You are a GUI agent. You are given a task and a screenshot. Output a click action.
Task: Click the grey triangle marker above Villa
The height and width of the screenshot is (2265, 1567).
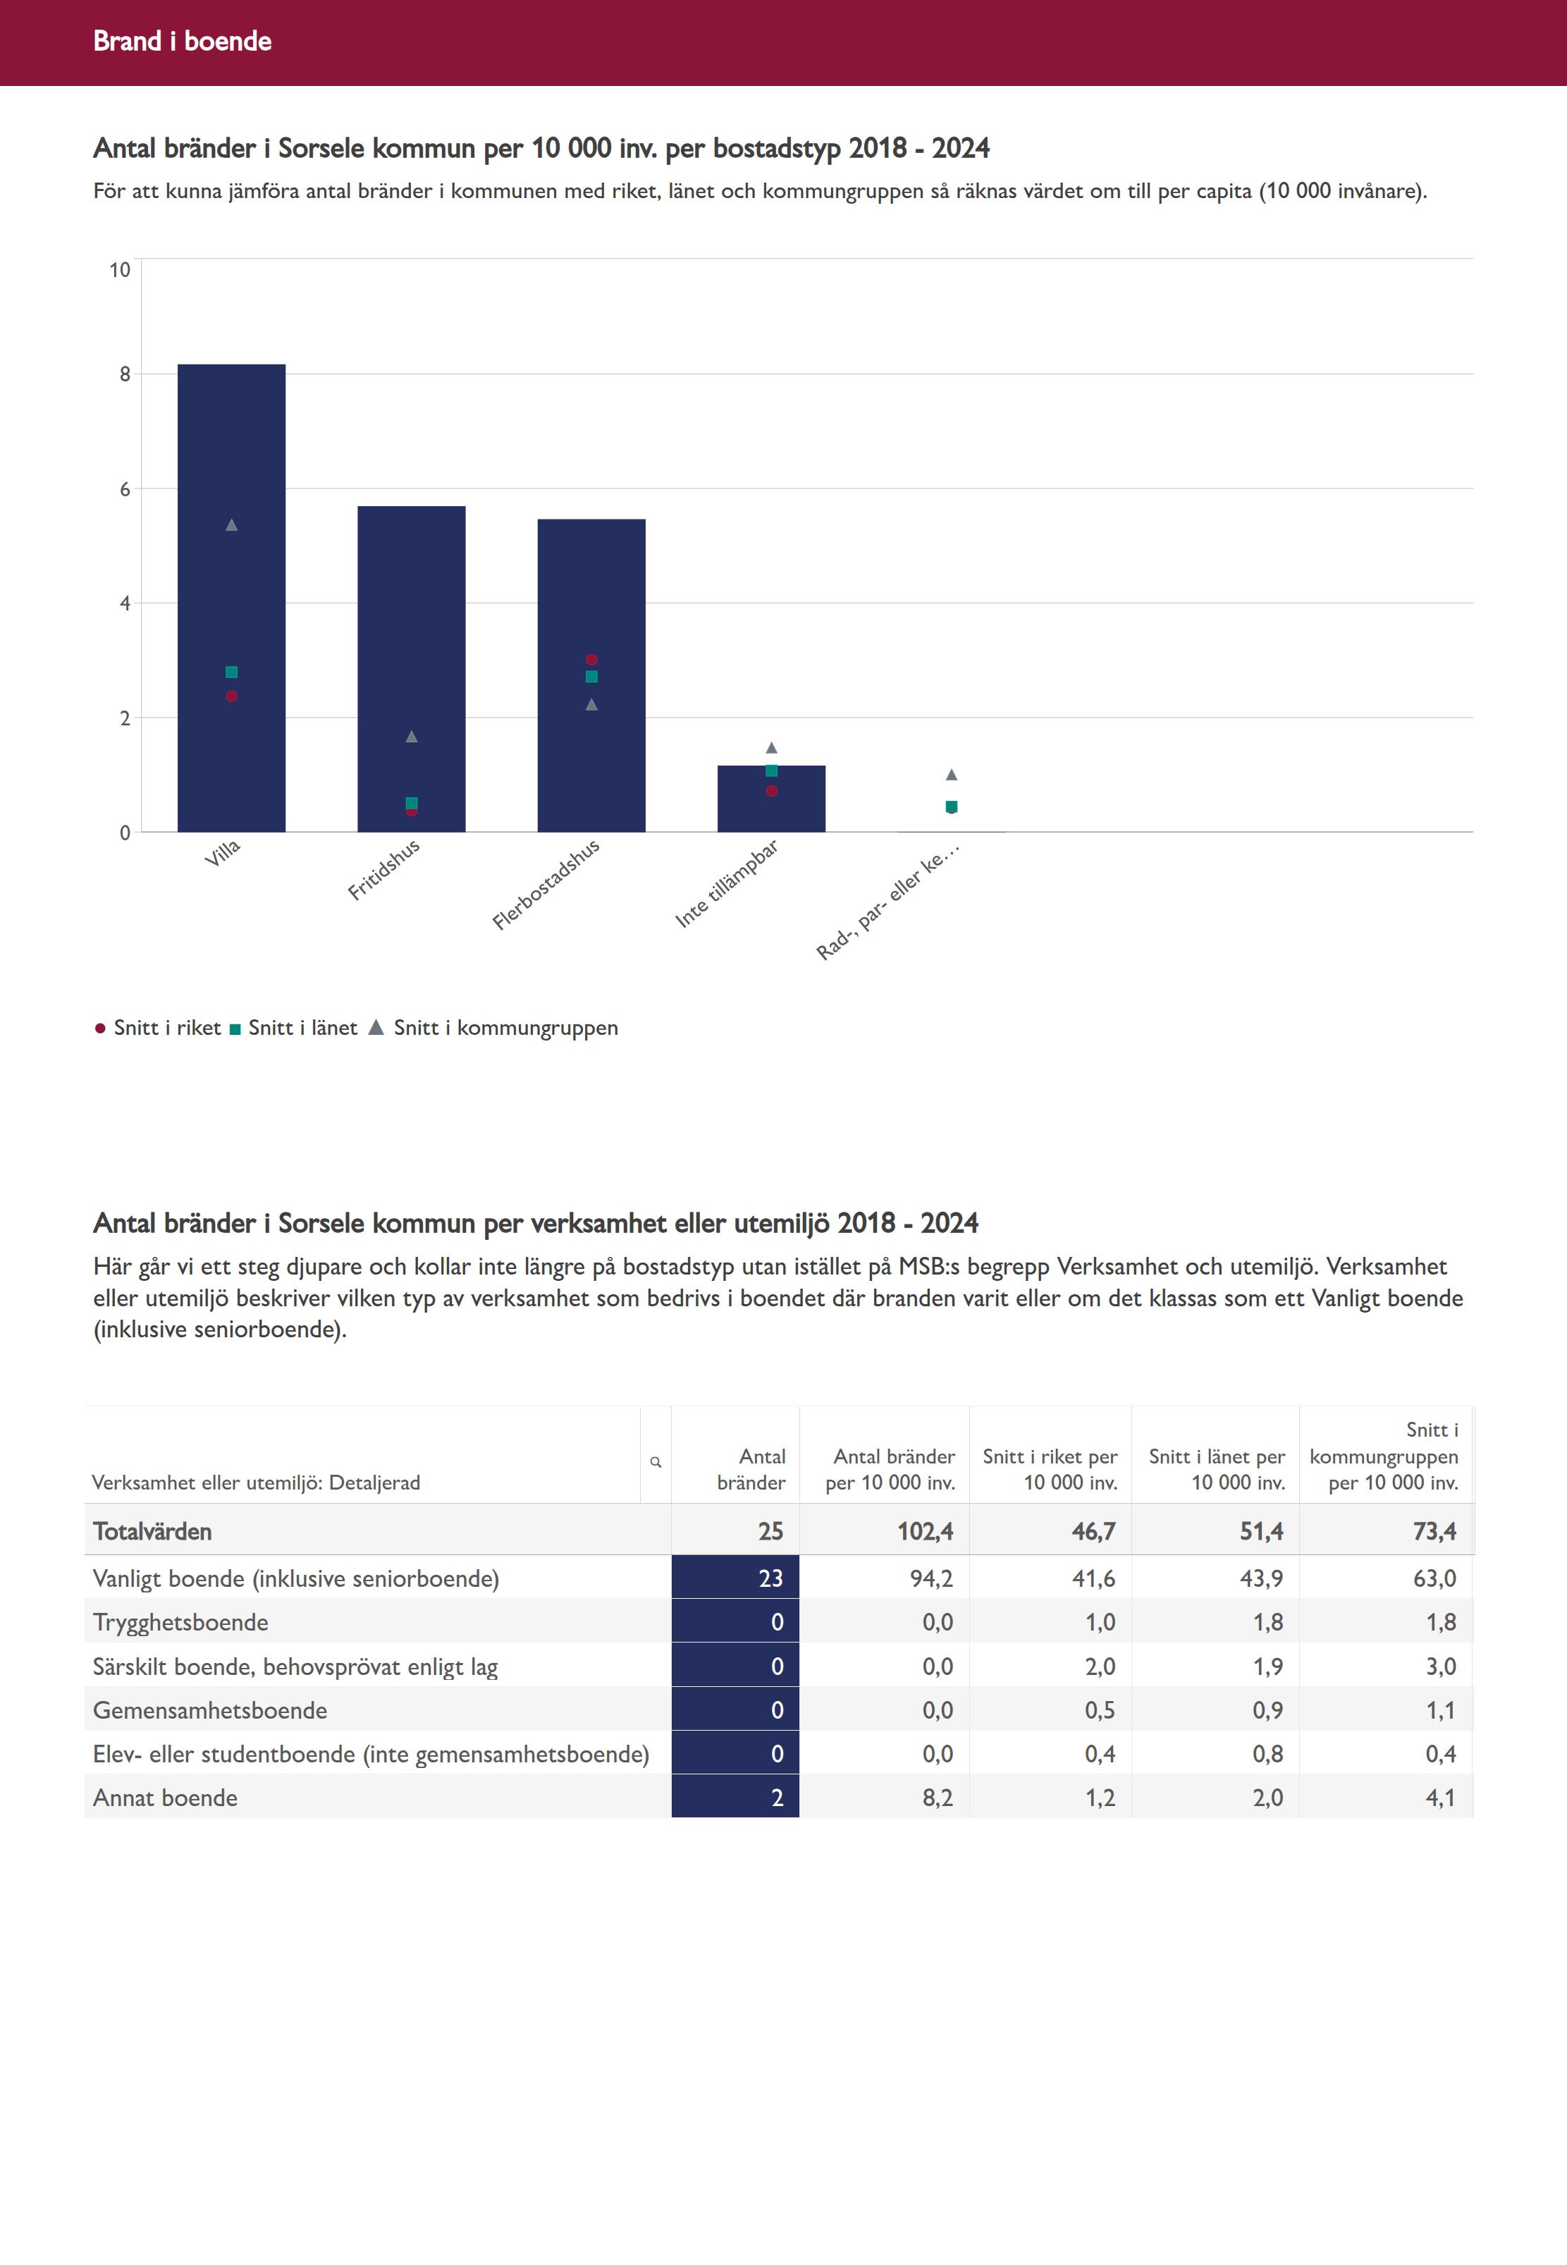point(232,525)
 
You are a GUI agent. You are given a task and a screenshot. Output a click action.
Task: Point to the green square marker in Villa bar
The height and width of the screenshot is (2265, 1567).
point(232,673)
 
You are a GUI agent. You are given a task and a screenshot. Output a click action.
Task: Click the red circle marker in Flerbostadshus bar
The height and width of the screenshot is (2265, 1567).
point(591,660)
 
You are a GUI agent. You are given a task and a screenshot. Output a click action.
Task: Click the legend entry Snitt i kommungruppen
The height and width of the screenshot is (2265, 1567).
point(505,1028)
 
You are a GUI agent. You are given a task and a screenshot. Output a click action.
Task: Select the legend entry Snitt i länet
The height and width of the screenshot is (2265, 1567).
point(302,1028)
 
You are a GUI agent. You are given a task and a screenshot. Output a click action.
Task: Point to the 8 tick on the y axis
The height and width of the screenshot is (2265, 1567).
point(125,374)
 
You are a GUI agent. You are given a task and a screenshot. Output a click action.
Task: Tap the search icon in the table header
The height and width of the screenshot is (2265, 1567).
point(656,1462)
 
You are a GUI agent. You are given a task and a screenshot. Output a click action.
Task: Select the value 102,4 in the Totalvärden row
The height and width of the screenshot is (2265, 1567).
point(925,1532)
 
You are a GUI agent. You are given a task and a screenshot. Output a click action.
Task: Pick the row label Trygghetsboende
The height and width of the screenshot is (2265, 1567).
point(180,1622)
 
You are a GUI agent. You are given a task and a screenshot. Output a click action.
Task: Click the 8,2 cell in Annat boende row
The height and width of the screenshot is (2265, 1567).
point(937,1798)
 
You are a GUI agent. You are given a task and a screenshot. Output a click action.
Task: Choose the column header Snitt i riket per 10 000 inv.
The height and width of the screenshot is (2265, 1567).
point(1050,1469)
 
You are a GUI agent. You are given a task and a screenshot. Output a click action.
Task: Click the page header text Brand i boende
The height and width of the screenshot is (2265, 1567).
point(183,41)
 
